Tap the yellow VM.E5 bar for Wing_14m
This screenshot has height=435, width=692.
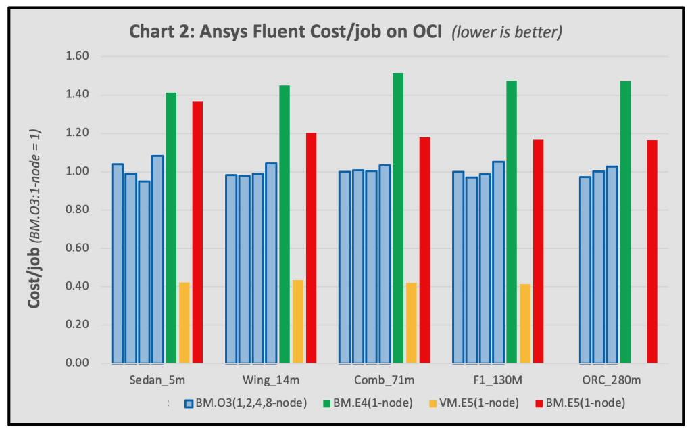point(298,321)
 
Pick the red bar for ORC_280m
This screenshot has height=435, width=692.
point(651,251)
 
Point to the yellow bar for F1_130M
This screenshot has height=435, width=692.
point(525,323)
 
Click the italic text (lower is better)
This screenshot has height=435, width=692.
point(508,32)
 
